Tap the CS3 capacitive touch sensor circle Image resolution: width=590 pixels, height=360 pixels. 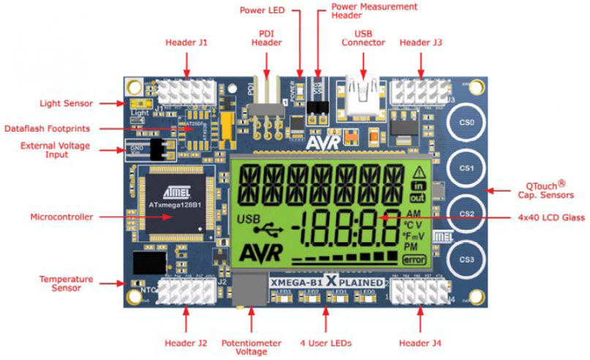468,260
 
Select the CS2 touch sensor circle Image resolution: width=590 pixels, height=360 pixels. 468,214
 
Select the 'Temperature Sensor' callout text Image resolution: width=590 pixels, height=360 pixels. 66,284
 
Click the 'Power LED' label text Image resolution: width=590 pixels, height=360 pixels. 263,10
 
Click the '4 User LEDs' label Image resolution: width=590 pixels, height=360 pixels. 326,342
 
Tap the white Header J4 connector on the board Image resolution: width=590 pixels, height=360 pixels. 417,290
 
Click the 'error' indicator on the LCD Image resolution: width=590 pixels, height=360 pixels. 413,259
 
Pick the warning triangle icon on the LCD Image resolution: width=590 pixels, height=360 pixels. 419,173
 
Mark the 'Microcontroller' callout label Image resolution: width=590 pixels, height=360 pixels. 61,217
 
